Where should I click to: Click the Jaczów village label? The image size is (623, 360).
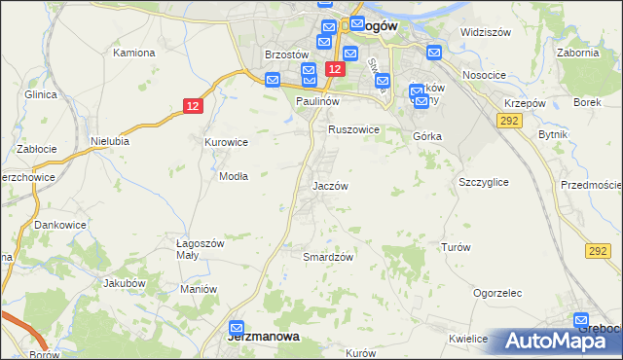pyautogui.click(x=330, y=185)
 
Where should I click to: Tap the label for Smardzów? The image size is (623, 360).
pyautogui.click(x=327, y=257)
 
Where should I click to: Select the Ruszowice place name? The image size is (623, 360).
pyautogui.click(x=353, y=128)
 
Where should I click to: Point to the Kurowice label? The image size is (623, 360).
pyautogui.click(x=226, y=142)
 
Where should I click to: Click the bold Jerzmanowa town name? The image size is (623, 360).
pyautogui.click(x=262, y=337)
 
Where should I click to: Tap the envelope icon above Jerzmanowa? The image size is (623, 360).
pyautogui.click(x=237, y=329)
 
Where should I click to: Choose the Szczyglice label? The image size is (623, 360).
pyautogui.click(x=484, y=182)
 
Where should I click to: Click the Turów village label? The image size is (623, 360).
pyautogui.click(x=456, y=247)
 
